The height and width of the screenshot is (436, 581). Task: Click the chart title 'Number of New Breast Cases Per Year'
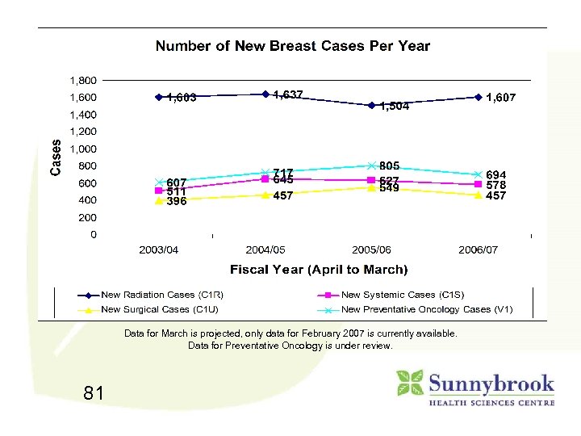292,46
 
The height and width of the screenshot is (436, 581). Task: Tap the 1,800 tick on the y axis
82,81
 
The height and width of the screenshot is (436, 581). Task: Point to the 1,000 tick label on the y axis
82,149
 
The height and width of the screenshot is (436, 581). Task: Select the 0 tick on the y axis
93,235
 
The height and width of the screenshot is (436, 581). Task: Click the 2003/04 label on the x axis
159,250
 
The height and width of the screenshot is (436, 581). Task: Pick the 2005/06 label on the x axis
371,250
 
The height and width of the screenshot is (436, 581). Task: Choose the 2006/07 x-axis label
478,250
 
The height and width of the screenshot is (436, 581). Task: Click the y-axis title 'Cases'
56,157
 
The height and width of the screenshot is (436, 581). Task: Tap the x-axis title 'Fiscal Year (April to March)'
319,270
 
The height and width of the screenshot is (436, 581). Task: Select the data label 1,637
288,95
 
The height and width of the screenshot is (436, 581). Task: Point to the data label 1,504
395,107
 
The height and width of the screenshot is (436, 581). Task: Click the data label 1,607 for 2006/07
500,98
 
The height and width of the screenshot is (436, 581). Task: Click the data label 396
177,202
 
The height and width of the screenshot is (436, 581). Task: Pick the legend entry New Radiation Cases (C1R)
161,295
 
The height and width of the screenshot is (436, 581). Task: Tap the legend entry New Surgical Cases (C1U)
159,309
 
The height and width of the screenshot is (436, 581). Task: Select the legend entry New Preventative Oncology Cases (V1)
427,309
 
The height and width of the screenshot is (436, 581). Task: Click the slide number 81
94,393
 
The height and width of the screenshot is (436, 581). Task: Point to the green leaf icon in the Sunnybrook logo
410,383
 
